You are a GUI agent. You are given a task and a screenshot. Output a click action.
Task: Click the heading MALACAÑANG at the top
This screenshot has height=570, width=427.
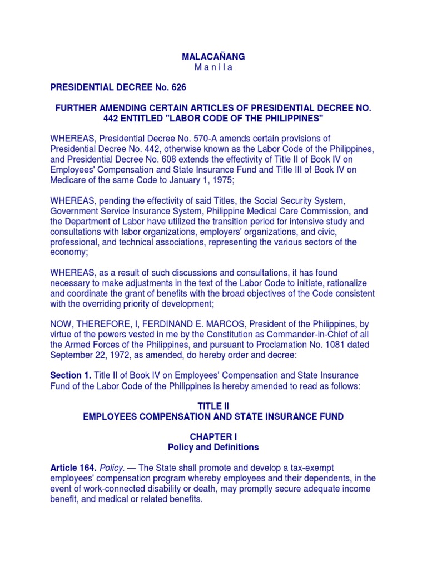(x=213, y=57)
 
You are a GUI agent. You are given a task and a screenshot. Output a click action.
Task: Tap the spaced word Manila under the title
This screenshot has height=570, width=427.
(x=213, y=68)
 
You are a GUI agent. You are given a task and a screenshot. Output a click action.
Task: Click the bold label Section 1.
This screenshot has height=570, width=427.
(x=71, y=376)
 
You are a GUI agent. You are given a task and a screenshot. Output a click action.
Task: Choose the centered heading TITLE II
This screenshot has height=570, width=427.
(x=213, y=407)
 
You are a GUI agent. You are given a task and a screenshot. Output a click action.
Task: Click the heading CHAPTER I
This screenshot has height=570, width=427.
(x=213, y=437)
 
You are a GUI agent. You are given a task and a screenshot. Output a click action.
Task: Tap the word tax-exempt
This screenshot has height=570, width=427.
(x=309, y=468)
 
